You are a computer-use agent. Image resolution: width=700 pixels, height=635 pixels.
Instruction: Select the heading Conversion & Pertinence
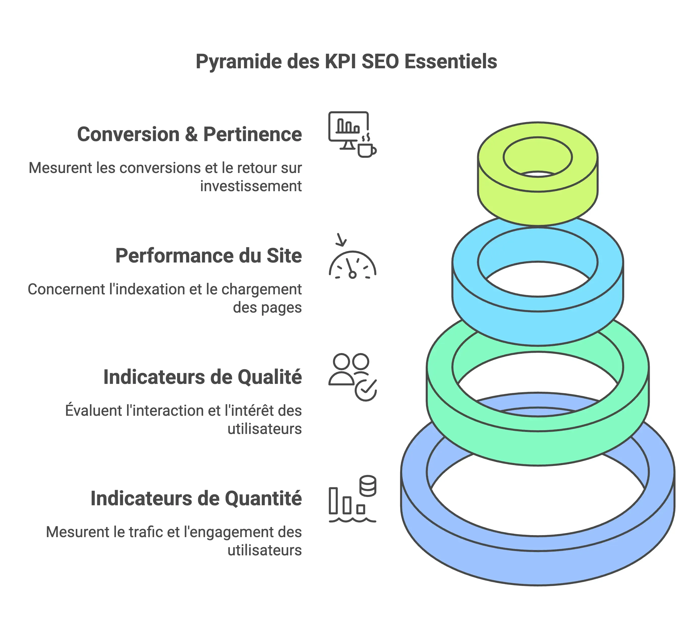tap(189, 135)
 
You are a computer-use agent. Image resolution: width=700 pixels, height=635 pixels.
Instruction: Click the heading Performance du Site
tap(208, 256)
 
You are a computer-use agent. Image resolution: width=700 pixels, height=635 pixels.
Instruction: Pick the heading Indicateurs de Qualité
tap(202, 377)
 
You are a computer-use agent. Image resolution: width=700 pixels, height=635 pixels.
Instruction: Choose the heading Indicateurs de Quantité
tap(196, 498)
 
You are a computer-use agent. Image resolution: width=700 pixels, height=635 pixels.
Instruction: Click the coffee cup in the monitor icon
tap(366, 149)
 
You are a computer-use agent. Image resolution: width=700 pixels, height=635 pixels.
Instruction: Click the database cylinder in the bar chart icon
tap(368, 486)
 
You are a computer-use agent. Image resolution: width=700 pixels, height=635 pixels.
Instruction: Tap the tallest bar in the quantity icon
tap(333, 500)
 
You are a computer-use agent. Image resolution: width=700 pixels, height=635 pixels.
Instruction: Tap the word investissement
tap(251, 186)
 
